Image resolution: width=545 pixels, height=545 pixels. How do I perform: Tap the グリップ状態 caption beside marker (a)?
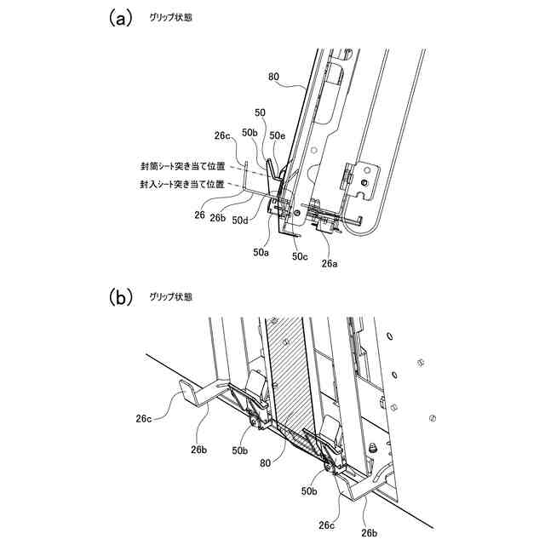click(170, 19)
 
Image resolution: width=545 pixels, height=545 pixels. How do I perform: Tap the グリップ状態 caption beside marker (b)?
click(170, 297)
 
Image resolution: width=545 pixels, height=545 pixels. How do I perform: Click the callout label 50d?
click(241, 222)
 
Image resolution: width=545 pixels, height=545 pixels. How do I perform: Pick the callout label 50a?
click(261, 251)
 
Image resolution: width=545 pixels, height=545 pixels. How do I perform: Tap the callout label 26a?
click(329, 264)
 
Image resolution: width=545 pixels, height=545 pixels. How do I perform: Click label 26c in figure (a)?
click(223, 135)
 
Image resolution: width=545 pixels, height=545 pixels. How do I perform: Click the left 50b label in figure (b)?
click(242, 449)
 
